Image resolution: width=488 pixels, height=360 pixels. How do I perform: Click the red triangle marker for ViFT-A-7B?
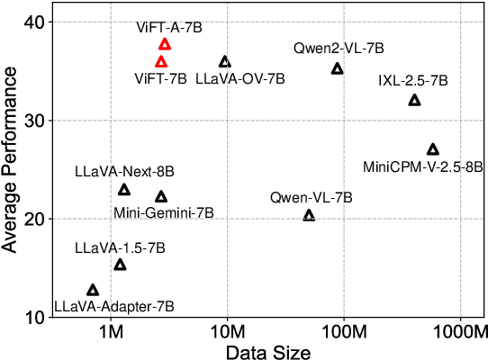[165, 44]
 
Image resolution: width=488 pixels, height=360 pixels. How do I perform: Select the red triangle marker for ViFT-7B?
[161, 62]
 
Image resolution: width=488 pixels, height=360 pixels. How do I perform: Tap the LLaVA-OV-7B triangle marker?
[225, 62]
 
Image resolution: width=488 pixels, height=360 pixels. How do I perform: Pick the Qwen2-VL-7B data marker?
[338, 68]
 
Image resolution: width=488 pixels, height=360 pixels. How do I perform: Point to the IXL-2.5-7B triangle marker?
[414, 100]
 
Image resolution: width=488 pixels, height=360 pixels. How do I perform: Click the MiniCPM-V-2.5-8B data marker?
[433, 149]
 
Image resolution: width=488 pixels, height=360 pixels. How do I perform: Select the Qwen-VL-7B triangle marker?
[309, 215]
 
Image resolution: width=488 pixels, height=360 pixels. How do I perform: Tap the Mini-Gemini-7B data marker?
[161, 197]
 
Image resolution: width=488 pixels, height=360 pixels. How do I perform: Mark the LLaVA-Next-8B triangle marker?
[124, 190]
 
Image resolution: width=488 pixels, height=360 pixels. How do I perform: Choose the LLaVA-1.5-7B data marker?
[120, 265]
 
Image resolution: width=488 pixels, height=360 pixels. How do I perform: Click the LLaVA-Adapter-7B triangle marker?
[93, 290]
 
